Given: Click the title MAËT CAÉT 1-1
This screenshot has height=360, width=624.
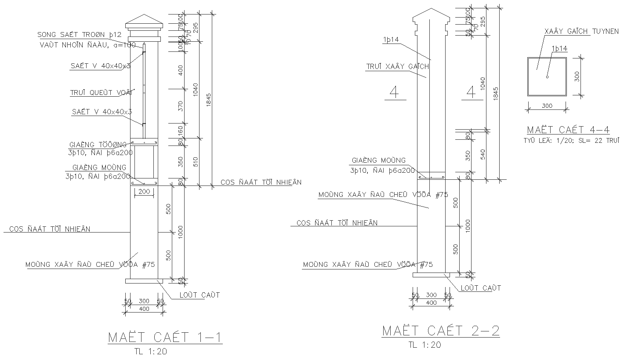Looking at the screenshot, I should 165,338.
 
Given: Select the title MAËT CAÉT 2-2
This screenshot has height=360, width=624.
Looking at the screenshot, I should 441,331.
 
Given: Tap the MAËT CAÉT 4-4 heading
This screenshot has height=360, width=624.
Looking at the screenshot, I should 568,130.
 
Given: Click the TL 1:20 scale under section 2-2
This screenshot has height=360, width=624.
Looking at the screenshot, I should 424,345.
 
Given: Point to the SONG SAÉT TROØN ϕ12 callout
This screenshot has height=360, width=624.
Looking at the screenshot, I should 79,35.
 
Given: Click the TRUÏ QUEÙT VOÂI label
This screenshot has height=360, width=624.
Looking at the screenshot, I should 102,93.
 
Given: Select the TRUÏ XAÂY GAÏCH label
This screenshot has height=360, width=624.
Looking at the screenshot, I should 397,67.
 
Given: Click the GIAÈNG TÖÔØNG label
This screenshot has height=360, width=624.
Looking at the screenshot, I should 98,144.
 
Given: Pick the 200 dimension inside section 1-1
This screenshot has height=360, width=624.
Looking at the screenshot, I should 144,192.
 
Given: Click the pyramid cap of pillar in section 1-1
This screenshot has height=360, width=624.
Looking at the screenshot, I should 144,20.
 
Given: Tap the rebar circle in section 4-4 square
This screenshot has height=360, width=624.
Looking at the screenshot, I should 547,77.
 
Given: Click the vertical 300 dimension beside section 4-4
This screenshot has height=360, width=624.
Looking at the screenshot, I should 577,76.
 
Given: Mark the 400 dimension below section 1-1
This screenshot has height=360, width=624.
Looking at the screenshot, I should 144,309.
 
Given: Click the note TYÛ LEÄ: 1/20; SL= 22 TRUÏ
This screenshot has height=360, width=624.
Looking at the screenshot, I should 571,141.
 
